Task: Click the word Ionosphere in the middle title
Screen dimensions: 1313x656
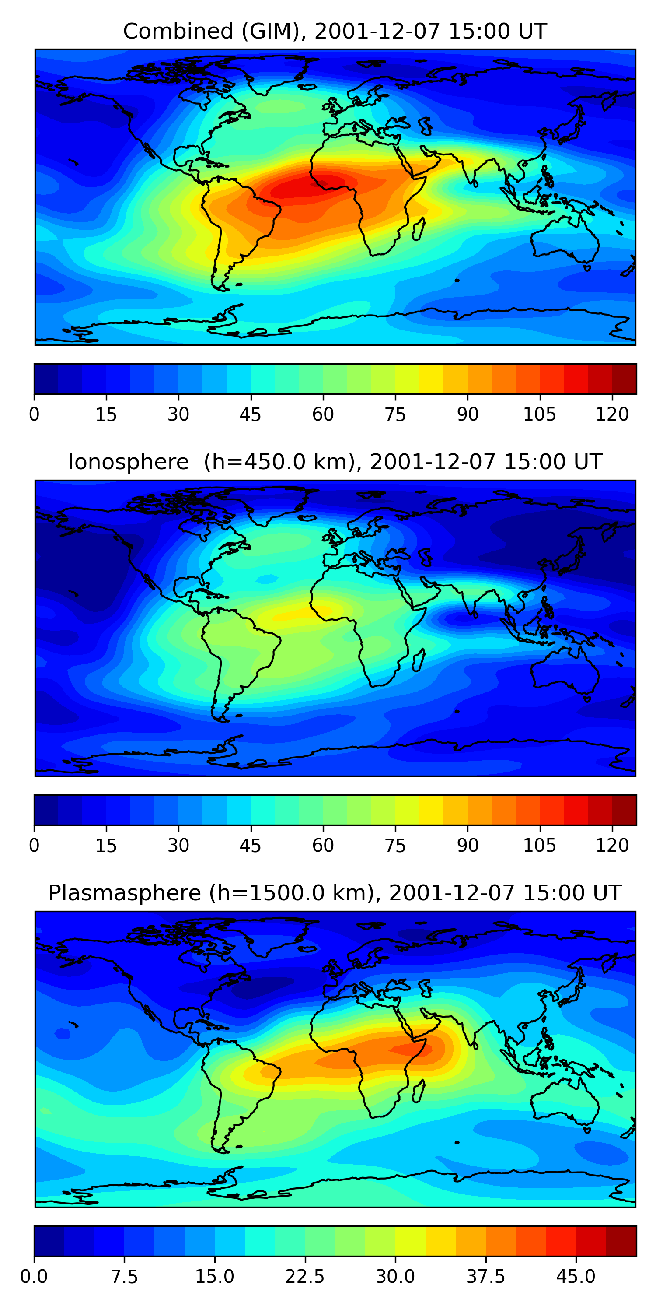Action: pos(128,462)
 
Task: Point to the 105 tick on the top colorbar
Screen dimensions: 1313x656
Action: pos(539,414)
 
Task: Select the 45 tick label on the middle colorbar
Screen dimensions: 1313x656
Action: pos(250,845)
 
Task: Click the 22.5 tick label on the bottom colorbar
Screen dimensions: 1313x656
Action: pos(304,1276)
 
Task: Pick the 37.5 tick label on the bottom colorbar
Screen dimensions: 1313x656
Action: pos(485,1276)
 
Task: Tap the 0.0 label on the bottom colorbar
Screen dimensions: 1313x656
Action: pos(34,1276)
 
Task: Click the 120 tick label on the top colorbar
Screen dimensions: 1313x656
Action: pos(612,414)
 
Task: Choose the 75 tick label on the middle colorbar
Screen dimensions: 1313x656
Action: pos(395,845)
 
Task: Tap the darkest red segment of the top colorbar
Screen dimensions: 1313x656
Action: pos(624,379)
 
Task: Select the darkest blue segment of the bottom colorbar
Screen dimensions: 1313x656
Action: pos(49,1241)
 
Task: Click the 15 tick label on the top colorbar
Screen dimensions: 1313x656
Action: pos(106,414)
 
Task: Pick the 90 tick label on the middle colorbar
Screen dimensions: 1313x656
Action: pos(468,845)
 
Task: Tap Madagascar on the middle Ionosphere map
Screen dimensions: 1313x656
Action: pos(419,660)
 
